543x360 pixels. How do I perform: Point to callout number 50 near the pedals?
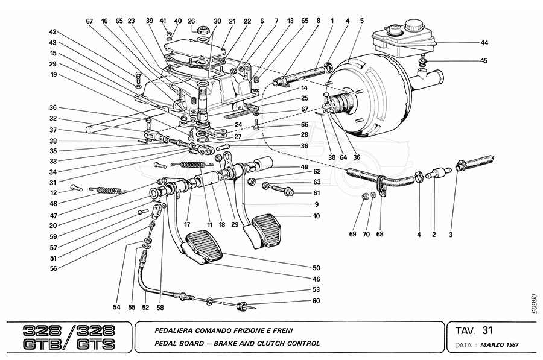coord(316,267)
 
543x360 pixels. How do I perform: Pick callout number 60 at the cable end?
coord(316,301)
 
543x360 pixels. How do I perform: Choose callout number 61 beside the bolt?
coord(316,193)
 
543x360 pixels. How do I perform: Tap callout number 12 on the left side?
coord(53,192)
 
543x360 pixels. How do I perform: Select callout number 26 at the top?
coord(191,21)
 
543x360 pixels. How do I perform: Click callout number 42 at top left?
coord(53,32)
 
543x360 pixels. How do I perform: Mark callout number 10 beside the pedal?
coord(316,216)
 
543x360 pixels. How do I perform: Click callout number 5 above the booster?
coord(361,21)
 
